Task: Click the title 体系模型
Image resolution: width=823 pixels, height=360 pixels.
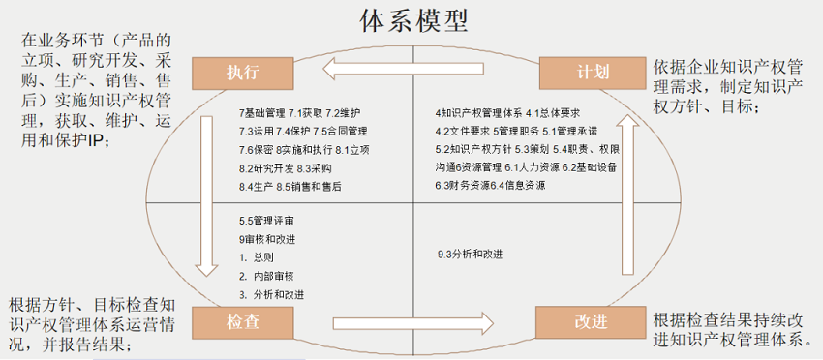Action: (x=411, y=20)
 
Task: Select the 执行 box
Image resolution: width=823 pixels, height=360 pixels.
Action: (x=242, y=71)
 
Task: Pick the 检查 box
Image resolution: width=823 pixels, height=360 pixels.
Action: (x=242, y=319)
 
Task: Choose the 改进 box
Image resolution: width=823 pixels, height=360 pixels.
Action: (x=590, y=320)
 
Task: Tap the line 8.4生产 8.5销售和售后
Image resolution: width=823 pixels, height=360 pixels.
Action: (x=290, y=186)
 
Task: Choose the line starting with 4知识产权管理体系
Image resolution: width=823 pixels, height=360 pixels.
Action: (x=507, y=112)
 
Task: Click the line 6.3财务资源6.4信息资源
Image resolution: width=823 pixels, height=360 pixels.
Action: (x=491, y=186)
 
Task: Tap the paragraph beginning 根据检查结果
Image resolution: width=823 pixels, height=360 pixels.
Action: (x=731, y=329)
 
